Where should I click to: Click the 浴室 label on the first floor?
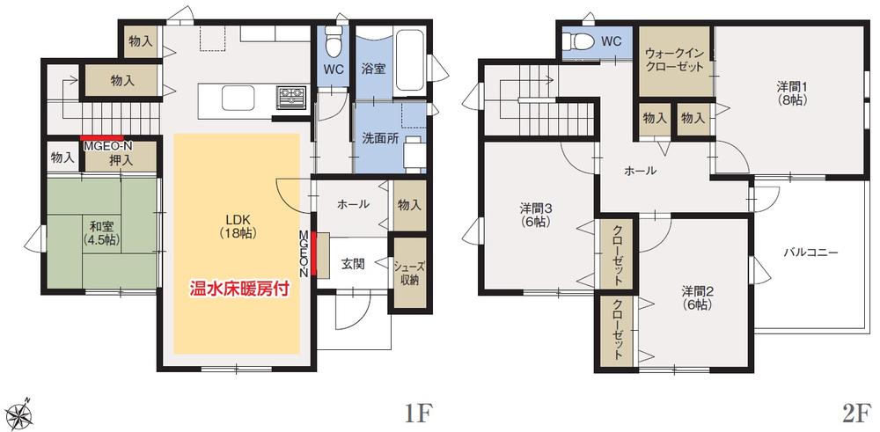tap(372, 70)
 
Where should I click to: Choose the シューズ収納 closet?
tap(406, 274)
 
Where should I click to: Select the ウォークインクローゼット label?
tap(674, 60)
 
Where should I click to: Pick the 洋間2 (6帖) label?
tap(695, 297)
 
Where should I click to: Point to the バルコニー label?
tap(810, 253)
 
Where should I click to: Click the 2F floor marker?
tap(854, 409)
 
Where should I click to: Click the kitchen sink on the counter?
tap(237, 96)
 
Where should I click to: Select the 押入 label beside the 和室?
tap(121, 162)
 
